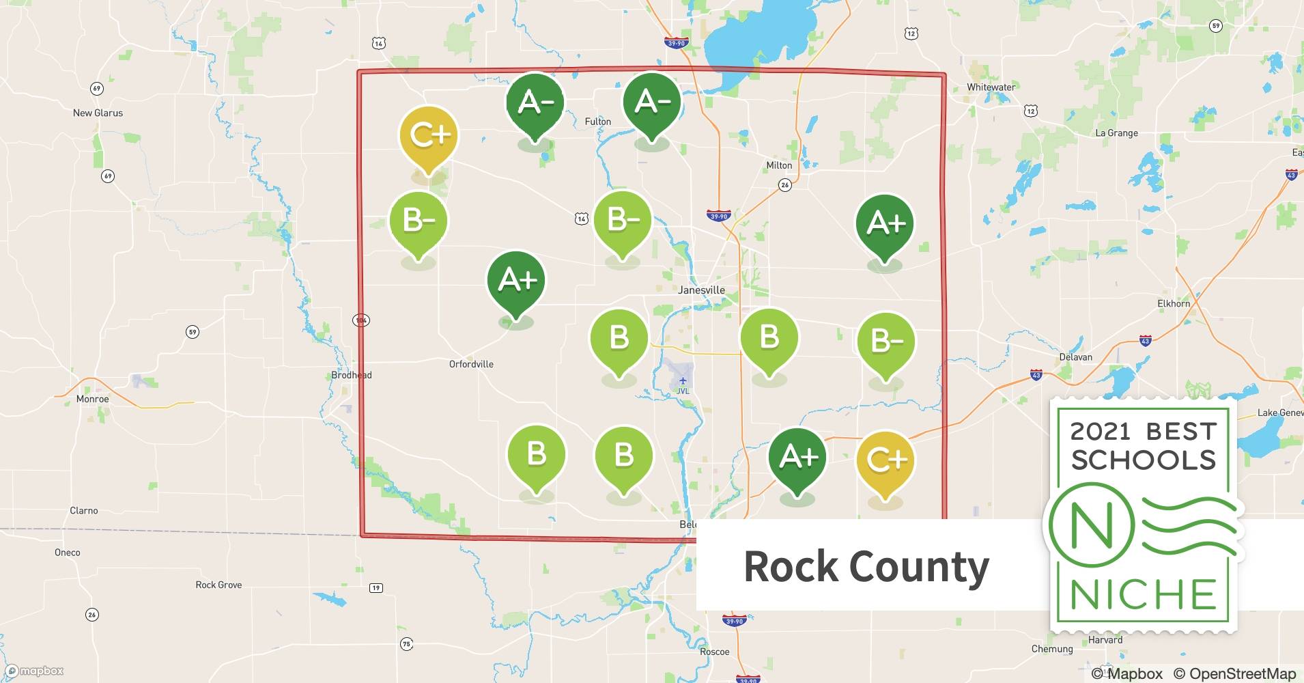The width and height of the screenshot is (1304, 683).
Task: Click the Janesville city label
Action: click(x=701, y=290)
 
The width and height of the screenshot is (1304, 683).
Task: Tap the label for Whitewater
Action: click(x=991, y=87)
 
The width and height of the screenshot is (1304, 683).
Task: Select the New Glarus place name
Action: click(x=98, y=113)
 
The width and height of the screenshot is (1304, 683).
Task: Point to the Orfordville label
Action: click(x=471, y=364)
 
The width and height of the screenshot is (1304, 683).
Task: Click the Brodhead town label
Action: click(x=351, y=375)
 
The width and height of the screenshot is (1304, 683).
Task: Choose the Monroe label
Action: click(x=92, y=399)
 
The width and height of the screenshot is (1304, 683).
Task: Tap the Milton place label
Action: click(x=779, y=165)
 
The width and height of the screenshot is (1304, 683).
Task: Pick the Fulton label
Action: click(x=597, y=122)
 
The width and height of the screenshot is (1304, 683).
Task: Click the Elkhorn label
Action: click(x=1174, y=303)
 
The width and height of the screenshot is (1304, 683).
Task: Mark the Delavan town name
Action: click(x=1075, y=357)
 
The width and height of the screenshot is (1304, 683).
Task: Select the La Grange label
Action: click(x=1116, y=133)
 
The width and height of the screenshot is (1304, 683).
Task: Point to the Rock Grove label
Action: click(x=218, y=585)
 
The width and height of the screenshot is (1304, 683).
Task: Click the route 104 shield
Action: click(x=361, y=320)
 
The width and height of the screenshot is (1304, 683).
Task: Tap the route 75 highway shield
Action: click(x=407, y=643)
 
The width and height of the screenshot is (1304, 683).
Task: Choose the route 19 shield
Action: click(x=376, y=587)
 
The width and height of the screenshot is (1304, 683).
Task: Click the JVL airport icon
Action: click(x=683, y=380)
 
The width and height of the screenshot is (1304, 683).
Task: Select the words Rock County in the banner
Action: click(x=866, y=566)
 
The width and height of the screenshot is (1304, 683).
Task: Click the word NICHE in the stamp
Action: click(x=1143, y=594)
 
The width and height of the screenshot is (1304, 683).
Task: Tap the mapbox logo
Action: click(x=34, y=671)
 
